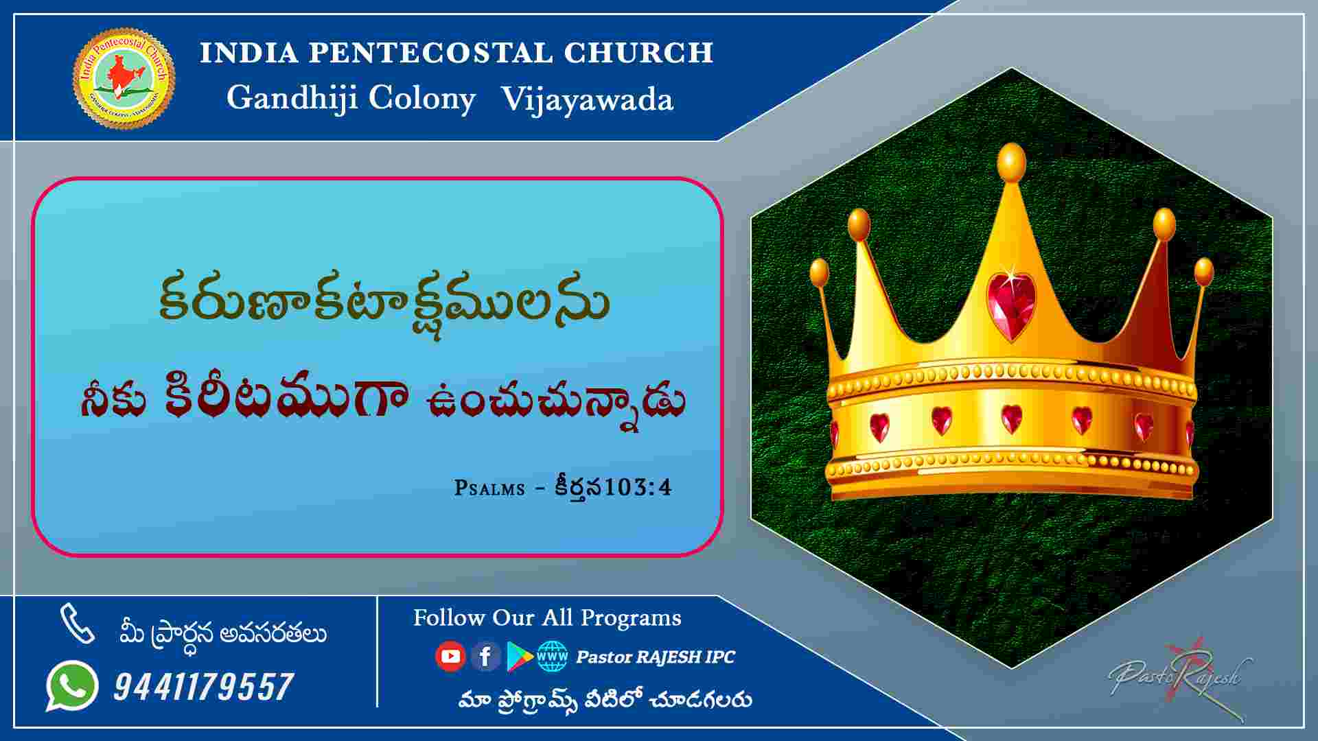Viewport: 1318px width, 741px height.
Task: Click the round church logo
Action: [x=124, y=78]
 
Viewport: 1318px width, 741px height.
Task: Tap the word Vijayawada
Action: [x=587, y=99]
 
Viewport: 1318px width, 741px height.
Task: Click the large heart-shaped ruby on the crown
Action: [x=1010, y=307]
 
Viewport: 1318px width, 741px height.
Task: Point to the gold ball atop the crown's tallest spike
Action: [x=1011, y=163]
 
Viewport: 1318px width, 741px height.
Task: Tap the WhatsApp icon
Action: [x=72, y=685]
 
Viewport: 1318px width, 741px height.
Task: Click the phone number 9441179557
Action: [x=203, y=687]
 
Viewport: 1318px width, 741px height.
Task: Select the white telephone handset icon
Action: [x=77, y=624]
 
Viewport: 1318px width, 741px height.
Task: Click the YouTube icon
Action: [x=450, y=657]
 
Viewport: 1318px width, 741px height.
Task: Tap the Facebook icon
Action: [x=485, y=657]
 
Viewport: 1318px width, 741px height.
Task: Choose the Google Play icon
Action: [x=520, y=657]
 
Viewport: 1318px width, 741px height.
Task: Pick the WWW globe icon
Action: [x=553, y=657]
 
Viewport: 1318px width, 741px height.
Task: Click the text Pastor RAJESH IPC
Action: [x=656, y=657]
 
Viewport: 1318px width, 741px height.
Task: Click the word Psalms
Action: [x=489, y=488]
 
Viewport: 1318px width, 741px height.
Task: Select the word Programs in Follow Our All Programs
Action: [x=631, y=619]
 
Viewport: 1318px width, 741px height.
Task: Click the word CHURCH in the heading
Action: [x=639, y=53]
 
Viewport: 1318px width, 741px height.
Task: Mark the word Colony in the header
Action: [x=421, y=99]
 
